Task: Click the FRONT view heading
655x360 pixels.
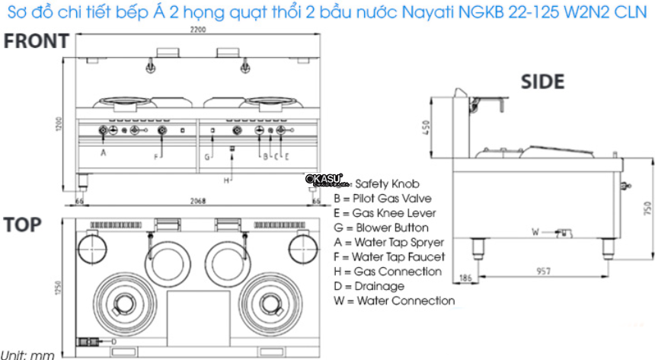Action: pyautogui.click(x=36, y=42)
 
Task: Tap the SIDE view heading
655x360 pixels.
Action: pyautogui.click(x=542, y=81)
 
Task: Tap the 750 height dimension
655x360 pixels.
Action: pyautogui.click(x=648, y=209)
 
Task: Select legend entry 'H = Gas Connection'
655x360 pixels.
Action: pyautogui.click(x=387, y=272)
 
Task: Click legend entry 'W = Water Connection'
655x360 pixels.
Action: pyautogui.click(x=394, y=301)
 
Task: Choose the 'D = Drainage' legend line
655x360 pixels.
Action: pyautogui.click(x=369, y=286)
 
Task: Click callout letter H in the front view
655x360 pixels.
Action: pyautogui.click(x=226, y=180)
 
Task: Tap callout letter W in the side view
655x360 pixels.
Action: pyautogui.click(x=534, y=231)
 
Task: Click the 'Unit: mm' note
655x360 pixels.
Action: pyautogui.click(x=27, y=355)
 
